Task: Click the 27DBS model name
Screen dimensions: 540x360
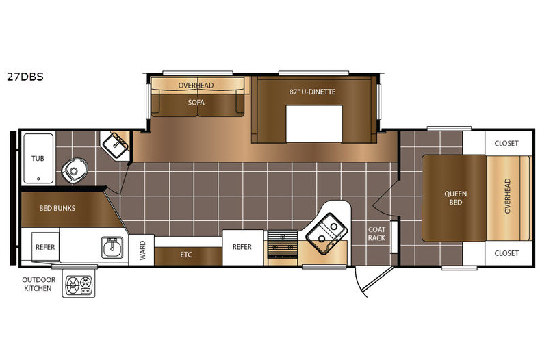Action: (x=25, y=77)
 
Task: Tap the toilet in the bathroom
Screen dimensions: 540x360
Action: (x=75, y=171)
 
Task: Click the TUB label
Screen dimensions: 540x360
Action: (x=38, y=159)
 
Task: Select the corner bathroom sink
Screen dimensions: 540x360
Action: (x=115, y=145)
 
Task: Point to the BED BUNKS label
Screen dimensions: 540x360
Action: (x=57, y=208)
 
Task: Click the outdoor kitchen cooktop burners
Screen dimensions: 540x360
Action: (x=79, y=285)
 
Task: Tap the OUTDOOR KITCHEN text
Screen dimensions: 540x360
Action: (x=38, y=284)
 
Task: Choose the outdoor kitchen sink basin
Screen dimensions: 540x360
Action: (x=112, y=247)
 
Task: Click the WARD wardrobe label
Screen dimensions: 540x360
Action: (x=142, y=250)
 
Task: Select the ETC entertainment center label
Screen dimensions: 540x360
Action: (x=186, y=255)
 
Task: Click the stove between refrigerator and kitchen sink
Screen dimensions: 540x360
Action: (x=283, y=244)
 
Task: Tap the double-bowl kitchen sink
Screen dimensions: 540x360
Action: (x=327, y=233)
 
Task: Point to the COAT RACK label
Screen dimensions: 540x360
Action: (x=376, y=233)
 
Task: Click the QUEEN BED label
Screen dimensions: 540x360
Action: (x=455, y=198)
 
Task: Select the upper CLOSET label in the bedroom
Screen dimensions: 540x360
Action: (x=506, y=143)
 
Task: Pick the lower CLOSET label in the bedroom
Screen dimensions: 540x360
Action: (x=506, y=253)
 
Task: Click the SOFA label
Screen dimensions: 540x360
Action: (x=196, y=102)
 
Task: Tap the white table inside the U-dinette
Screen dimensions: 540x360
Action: (x=314, y=124)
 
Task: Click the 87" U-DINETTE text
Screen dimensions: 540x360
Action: (x=312, y=92)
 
